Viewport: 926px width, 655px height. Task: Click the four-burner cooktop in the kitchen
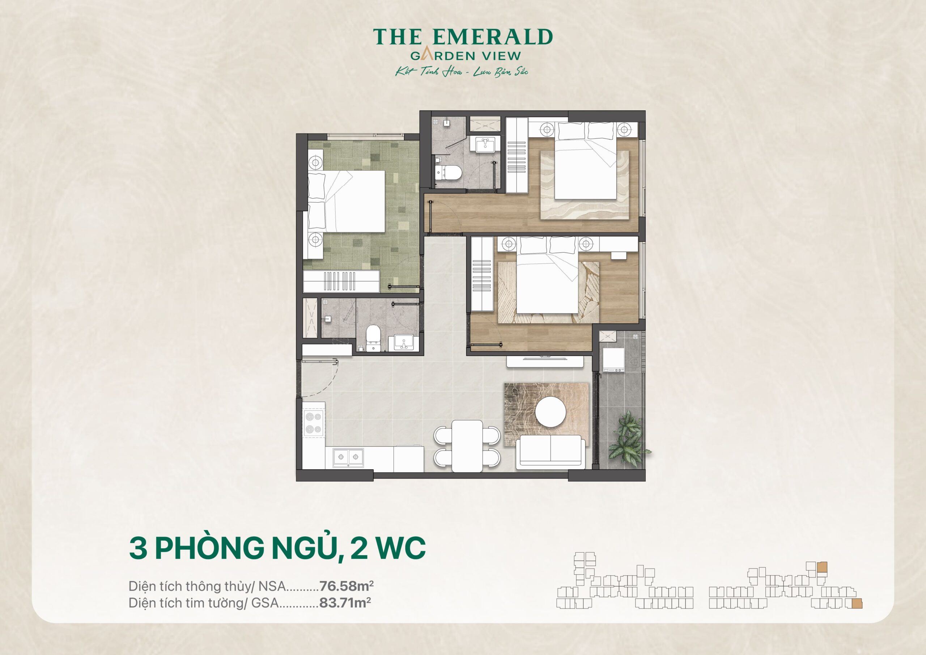tap(313, 423)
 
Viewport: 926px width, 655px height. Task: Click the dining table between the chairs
tap(467, 445)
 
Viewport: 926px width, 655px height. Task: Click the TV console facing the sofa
tap(545, 361)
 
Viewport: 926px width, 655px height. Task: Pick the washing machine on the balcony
tap(613, 359)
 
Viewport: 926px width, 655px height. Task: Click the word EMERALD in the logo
tap(492, 37)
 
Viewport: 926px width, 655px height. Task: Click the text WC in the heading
tap(400, 548)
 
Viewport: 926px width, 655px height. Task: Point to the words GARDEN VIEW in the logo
tap(466, 56)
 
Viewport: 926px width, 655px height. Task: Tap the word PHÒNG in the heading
tap(209, 548)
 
